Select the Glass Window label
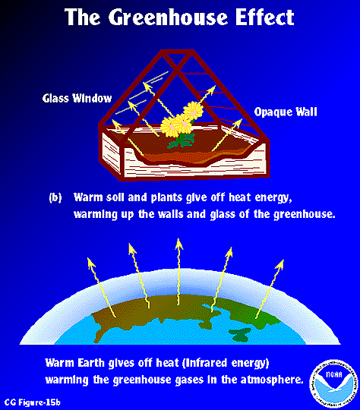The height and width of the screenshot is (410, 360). pyautogui.click(x=77, y=98)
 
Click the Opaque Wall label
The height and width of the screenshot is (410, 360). pyautogui.click(x=286, y=112)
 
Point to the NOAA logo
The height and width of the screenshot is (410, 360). pyautogui.click(x=333, y=383)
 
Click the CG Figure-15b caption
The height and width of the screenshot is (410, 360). pyautogui.click(x=33, y=402)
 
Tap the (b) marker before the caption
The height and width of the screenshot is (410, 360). pyautogui.click(x=55, y=197)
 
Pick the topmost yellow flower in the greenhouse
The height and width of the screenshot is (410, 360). pyautogui.click(x=193, y=109)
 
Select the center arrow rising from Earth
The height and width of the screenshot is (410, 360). pyautogui.click(x=178, y=271)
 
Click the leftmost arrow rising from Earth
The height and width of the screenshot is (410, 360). pyautogui.click(x=102, y=287)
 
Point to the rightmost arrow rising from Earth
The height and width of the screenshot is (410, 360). pyautogui.click(x=270, y=289)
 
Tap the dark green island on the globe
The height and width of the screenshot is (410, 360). pyautogui.click(x=240, y=334)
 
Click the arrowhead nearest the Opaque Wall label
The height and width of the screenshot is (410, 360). pyautogui.click(x=238, y=121)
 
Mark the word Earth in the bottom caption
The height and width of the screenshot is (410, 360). pyautogui.click(x=90, y=363)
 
